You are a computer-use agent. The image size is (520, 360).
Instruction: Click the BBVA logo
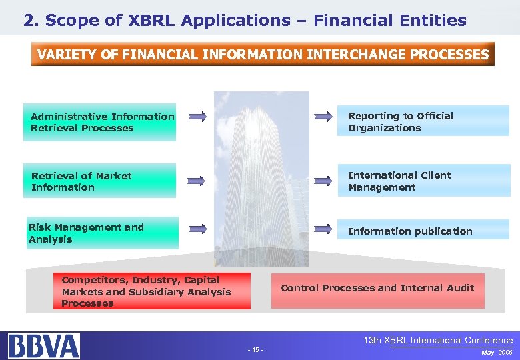(x=44, y=345)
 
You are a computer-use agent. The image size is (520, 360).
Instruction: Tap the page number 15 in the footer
(x=255, y=350)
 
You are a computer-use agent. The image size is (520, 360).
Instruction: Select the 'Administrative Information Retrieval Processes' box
(x=99, y=122)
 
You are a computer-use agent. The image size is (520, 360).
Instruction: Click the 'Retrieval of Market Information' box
(x=99, y=181)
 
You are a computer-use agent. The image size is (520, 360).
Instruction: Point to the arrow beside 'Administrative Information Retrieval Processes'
(x=197, y=117)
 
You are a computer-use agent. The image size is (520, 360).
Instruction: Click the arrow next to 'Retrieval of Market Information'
(x=197, y=180)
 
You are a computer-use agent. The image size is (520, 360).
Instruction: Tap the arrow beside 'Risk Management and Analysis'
(x=197, y=229)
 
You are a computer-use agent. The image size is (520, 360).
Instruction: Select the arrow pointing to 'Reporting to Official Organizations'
(x=323, y=117)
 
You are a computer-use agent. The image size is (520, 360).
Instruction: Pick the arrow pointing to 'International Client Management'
(x=323, y=180)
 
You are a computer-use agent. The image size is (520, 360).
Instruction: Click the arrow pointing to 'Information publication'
(x=323, y=229)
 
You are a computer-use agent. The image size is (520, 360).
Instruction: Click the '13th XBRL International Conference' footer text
(x=438, y=340)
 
